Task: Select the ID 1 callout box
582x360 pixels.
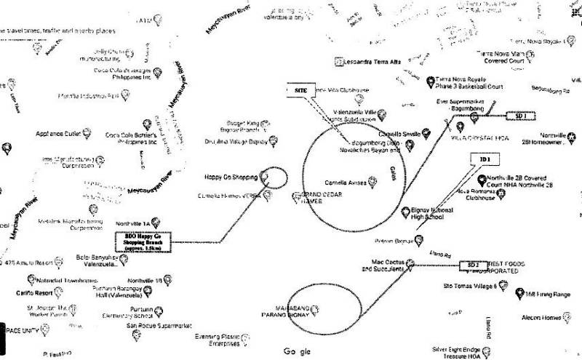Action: click(485, 159)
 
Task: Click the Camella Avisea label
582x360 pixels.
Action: click(345, 182)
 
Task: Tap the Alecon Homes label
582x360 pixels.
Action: click(541, 317)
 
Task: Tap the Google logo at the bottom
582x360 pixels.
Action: click(297, 352)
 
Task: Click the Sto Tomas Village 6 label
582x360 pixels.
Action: click(470, 286)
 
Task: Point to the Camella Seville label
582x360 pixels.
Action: click(401, 135)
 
